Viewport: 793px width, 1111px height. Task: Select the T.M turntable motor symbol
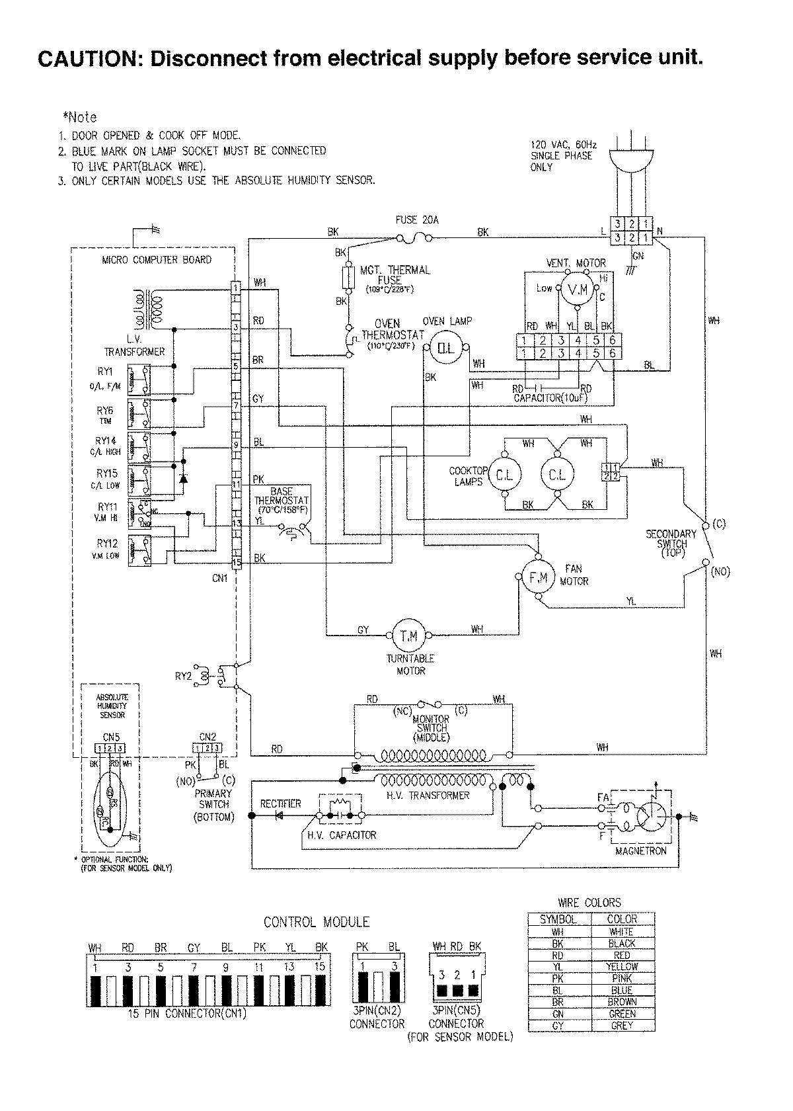click(x=409, y=636)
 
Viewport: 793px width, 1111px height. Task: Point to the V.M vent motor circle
click(x=577, y=289)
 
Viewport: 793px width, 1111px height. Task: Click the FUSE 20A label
click(x=417, y=220)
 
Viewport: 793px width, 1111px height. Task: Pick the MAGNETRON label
click(x=641, y=850)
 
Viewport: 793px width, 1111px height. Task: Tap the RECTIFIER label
click(x=280, y=803)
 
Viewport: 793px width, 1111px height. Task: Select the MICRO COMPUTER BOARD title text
click(x=157, y=260)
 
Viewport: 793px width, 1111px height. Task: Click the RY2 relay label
click(x=183, y=676)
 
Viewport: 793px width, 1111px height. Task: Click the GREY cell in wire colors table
click(x=622, y=1026)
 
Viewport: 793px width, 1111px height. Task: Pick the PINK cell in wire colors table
click(x=622, y=978)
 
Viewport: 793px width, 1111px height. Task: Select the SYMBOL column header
click(x=558, y=919)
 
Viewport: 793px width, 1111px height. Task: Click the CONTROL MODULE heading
click(x=316, y=922)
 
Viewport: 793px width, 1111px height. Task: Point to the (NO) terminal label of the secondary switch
click(x=720, y=572)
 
